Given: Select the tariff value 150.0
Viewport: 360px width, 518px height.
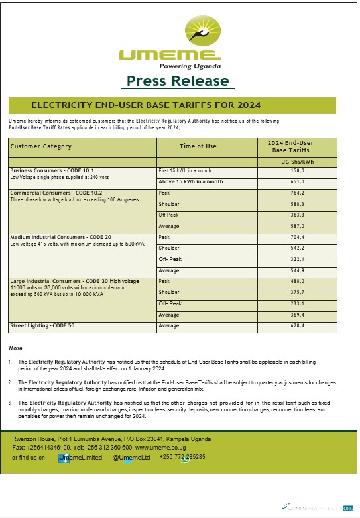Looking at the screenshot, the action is point(297,170).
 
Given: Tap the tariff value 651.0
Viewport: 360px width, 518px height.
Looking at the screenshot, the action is point(297,181).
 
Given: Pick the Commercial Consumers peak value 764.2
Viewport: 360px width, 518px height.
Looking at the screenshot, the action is point(297,193).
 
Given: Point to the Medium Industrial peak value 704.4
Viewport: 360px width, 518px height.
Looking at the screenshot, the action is point(297,236).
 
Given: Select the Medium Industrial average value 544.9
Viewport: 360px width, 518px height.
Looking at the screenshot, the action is point(297,270).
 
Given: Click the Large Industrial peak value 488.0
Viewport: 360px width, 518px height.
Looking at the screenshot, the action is point(297,281).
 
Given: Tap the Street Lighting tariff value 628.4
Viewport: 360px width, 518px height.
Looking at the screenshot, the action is point(297,325).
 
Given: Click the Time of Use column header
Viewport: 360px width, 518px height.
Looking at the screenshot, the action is point(198,146).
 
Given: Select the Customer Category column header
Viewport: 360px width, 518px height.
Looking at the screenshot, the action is point(41,146).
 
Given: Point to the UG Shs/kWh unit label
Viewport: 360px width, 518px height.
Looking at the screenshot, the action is point(297,161).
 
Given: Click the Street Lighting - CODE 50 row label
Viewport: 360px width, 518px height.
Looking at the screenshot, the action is point(42,325).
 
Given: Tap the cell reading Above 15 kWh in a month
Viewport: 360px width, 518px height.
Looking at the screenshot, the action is point(191,181).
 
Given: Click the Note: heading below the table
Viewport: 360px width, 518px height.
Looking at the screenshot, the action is point(17,348).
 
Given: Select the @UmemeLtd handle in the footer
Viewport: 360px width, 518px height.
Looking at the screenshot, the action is point(131,457).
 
